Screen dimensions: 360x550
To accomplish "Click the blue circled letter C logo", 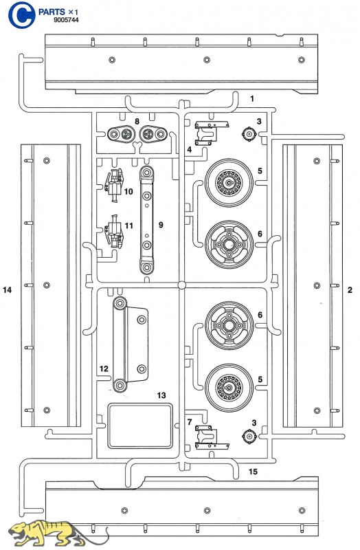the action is (22, 14).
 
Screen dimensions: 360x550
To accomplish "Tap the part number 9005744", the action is (66, 20).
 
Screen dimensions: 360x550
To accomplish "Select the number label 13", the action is (161, 395).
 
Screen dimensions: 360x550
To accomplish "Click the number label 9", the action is (161, 225).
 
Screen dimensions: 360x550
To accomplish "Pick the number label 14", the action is (7, 289).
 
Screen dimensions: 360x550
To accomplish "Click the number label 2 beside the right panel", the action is (350, 289).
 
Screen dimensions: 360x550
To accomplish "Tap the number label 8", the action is (137, 122).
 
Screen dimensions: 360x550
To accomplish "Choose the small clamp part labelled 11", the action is (114, 231).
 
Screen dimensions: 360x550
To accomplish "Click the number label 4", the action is (190, 149).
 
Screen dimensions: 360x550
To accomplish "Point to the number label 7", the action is (190, 422).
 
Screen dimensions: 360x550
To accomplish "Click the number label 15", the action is (253, 472).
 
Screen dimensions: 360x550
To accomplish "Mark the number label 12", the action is (104, 368).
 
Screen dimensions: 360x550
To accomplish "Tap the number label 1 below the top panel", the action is (252, 98).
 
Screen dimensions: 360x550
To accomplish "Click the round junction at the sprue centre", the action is (181, 285).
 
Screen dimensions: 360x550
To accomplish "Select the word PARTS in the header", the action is (52, 12).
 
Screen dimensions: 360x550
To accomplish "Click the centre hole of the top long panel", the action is (207, 60).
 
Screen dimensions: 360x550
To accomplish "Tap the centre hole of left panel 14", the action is (46, 285).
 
